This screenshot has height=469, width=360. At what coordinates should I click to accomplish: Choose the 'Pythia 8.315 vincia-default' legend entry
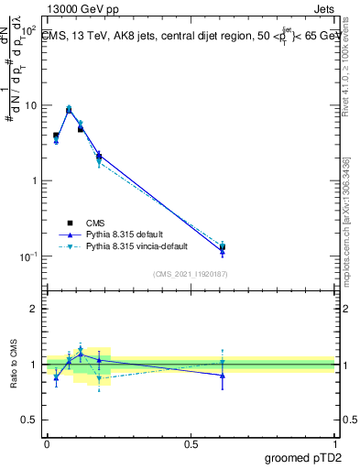coord(135,246)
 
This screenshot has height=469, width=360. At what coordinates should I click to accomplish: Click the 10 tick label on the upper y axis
coord(30,105)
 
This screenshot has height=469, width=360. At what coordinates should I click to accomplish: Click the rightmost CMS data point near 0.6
coord(223,246)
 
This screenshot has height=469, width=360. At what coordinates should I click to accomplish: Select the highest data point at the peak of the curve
coord(69,109)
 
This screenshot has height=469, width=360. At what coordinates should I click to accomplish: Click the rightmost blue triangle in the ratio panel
coord(223,376)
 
